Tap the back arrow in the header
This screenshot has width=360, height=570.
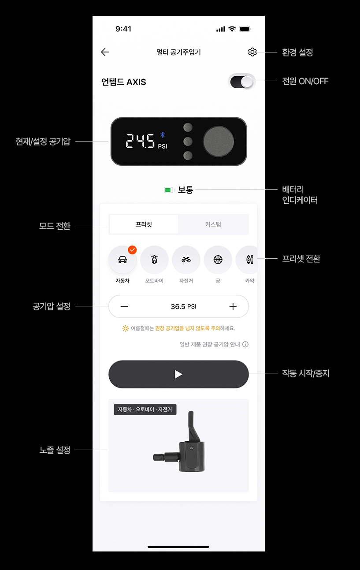click(x=105, y=52)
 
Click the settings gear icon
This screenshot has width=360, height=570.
click(x=252, y=52)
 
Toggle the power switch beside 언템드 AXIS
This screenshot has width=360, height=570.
click(x=241, y=82)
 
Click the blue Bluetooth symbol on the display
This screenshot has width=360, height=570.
click(x=162, y=135)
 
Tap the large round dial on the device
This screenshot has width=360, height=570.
click(x=218, y=141)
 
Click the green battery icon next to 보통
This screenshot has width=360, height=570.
click(x=169, y=190)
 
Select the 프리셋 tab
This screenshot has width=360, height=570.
click(x=144, y=224)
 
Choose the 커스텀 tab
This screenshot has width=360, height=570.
click(x=213, y=224)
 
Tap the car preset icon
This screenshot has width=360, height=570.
click(x=122, y=260)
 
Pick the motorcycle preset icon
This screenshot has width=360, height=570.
click(x=154, y=260)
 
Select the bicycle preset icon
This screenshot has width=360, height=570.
click(x=186, y=260)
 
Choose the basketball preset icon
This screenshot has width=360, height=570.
click(x=218, y=260)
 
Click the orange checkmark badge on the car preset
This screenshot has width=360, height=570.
click(x=132, y=250)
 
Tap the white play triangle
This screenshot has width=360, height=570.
click(x=178, y=374)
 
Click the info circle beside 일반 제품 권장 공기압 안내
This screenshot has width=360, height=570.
click(x=245, y=344)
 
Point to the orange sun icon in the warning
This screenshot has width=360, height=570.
click(x=126, y=328)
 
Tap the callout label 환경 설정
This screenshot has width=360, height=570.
click(x=297, y=52)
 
